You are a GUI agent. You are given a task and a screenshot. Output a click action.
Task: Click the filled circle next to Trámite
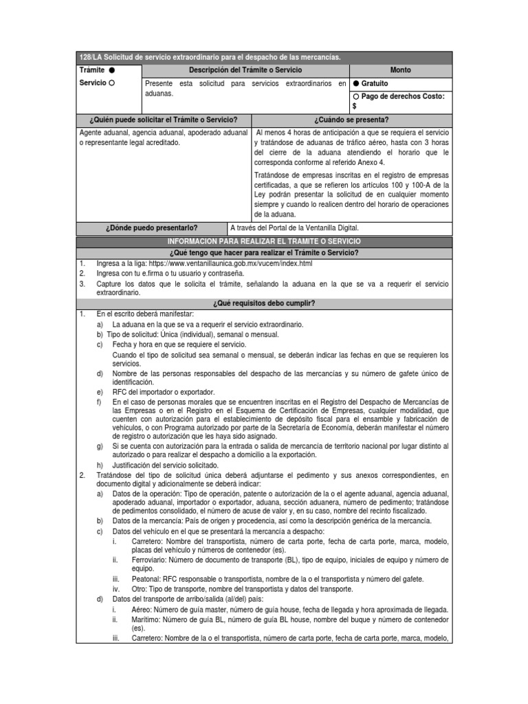pos(112,71)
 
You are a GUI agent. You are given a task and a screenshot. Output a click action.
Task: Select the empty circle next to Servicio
pos(112,83)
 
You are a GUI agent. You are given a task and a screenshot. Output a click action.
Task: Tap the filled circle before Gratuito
pos(356,84)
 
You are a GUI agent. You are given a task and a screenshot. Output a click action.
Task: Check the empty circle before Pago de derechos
pos(356,96)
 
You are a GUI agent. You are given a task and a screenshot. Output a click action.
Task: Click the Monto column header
pos(401,71)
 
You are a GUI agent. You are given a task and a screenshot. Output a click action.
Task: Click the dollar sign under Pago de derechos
pos(355,107)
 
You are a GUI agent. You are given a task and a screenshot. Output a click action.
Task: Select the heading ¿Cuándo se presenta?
pos(352,120)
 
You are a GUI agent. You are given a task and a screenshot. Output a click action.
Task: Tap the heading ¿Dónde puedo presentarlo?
pos(153,228)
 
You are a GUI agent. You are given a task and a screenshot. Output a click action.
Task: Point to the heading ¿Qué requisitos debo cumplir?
pos(265,303)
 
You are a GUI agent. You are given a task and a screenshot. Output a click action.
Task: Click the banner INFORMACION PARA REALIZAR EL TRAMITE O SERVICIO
pos(265,242)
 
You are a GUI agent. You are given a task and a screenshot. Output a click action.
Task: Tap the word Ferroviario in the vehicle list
pos(150,560)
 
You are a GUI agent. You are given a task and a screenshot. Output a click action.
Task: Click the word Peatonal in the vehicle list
pos(146,579)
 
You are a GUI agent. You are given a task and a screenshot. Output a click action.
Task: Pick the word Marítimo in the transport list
pos(146,620)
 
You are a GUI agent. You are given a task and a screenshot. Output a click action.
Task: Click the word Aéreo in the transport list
pos(142,610)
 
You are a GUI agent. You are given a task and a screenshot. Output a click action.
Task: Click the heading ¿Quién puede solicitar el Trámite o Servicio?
pos(163,120)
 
